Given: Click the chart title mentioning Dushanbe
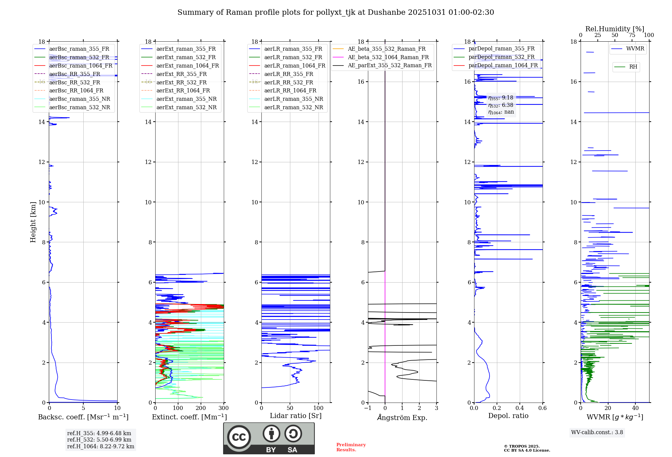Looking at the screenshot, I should click(336, 12).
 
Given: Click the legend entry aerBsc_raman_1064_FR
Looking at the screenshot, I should click(81, 66).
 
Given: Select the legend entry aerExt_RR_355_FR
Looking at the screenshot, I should click(181, 74).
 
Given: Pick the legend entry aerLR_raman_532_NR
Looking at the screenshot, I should click(293, 108).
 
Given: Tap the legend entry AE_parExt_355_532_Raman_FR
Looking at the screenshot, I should click(390, 66).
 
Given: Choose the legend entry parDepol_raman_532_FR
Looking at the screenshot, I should click(501, 57).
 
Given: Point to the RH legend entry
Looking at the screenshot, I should click(633, 67).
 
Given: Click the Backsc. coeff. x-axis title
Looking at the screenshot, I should click(83, 417).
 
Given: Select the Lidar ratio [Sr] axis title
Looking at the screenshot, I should click(296, 416).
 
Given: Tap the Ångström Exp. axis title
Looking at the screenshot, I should click(402, 418).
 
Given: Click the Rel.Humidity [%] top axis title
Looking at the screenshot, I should click(615, 29).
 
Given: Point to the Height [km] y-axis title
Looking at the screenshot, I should click(33, 222).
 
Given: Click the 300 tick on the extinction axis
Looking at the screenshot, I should click(223, 408).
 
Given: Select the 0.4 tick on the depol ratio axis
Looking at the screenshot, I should click(519, 408).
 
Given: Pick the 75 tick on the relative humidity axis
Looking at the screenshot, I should click(632, 35).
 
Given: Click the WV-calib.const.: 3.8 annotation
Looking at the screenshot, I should click(597, 432).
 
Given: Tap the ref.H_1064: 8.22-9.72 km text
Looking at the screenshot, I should click(100, 447).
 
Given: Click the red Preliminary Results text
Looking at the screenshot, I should click(351, 447).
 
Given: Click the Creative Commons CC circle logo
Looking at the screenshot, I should click(239, 437).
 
